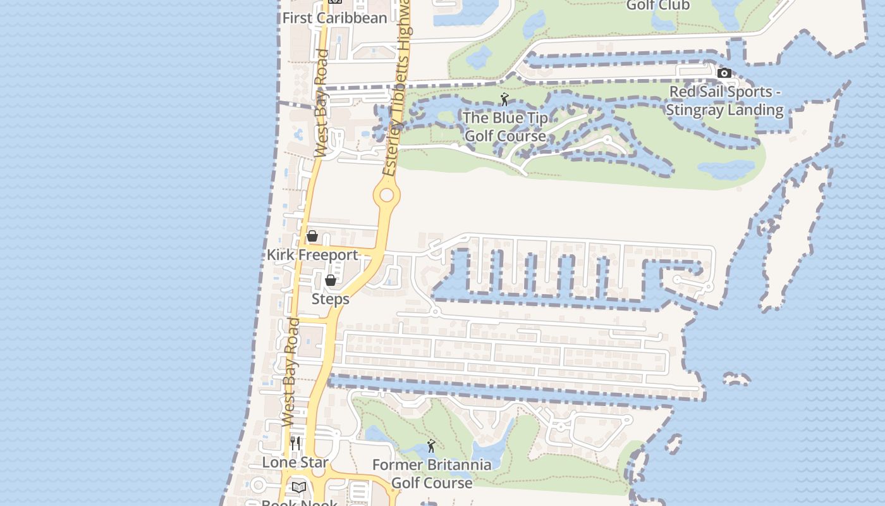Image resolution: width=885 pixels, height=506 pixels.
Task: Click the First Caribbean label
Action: [334, 18]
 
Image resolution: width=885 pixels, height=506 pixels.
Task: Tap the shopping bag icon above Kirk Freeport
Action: [312, 237]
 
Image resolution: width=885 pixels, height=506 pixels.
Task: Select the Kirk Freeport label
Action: [312, 255]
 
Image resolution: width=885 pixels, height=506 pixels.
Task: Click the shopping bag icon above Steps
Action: [330, 280]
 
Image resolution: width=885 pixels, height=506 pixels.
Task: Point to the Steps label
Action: [330, 299]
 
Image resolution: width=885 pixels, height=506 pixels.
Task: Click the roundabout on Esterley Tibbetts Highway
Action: [386, 195]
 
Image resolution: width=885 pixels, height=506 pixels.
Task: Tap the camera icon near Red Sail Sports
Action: [724, 73]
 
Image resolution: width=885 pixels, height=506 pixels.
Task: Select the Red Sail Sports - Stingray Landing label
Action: [726, 101]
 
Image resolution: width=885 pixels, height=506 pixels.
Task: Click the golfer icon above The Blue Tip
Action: [504, 99]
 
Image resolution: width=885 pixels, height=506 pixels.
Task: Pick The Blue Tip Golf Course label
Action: [505, 126]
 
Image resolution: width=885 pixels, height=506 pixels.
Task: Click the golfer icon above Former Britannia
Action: [431, 447]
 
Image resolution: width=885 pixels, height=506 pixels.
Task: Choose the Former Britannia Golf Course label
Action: [432, 474]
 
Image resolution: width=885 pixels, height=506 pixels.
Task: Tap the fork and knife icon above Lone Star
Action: [295, 443]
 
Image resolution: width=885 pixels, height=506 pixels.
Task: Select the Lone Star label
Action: [295, 462]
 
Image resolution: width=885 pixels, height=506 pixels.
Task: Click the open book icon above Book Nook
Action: [299, 487]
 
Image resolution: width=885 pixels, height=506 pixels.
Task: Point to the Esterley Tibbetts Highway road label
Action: [398, 89]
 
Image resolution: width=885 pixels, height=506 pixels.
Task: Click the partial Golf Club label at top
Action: [657, 6]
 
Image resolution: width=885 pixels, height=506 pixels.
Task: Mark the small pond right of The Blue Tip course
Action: [725, 169]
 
